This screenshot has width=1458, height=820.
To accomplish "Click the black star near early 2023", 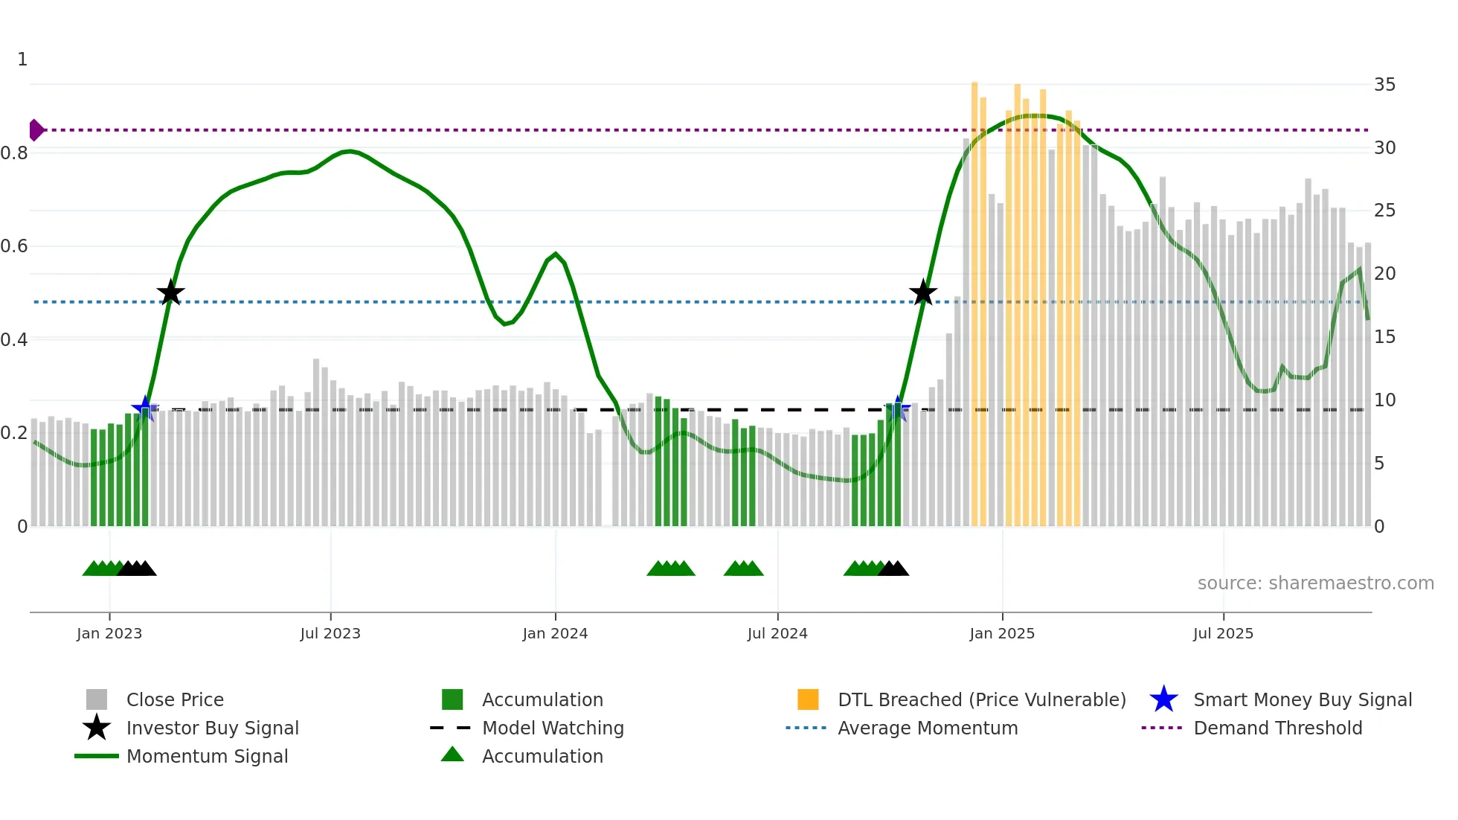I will tap(170, 292).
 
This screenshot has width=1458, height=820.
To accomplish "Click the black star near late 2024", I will tap(922, 292).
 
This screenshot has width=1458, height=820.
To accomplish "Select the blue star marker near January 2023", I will tap(144, 409).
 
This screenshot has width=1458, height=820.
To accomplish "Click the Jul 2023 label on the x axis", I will tap(330, 633).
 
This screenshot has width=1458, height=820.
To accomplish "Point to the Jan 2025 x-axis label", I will tap(1002, 633).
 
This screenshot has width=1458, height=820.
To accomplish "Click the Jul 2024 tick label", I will tap(777, 633).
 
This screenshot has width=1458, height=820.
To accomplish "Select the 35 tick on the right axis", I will tap(1384, 85).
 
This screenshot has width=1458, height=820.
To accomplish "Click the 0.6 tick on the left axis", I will tap(14, 246).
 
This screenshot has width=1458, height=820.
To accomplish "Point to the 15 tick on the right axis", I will tap(1384, 337).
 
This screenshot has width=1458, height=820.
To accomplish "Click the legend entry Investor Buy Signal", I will tap(212, 728).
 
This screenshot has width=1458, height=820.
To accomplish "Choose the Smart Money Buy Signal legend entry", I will tap(1302, 699).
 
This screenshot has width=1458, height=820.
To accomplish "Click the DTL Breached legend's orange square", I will tap(808, 699).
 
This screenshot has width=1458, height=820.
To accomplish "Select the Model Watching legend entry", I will tap(552, 728).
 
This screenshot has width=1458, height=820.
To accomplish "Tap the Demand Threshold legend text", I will tap(1277, 728).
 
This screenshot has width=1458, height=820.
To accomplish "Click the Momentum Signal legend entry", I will tap(207, 756).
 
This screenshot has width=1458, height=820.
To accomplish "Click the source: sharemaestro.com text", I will tap(1315, 583).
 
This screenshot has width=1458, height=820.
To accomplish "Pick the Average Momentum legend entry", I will tap(927, 728).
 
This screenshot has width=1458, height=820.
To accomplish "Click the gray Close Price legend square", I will tap(97, 699).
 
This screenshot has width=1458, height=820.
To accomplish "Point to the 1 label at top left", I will tap(22, 60).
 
